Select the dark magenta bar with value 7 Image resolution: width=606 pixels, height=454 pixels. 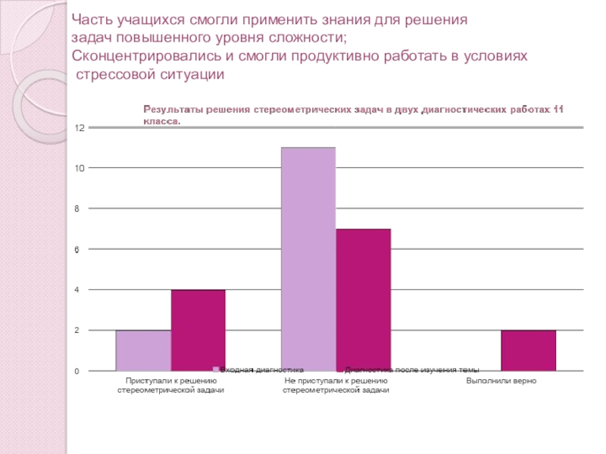click(x=363, y=300)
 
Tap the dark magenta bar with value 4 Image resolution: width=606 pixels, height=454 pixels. click(x=198, y=330)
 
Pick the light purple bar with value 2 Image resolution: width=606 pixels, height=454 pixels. click(x=143, y=350)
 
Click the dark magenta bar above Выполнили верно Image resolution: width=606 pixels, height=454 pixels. click(x=528, y=350)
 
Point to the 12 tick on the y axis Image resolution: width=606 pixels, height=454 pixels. click(x=78, y=127)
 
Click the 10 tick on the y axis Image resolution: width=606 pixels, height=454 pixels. click(x=78, y=168)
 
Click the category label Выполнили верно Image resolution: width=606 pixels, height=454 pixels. click(x=501, y=380)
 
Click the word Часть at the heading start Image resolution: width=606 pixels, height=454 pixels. click(x=92, y=20)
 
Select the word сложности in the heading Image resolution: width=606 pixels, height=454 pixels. click(x=314, y=39)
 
